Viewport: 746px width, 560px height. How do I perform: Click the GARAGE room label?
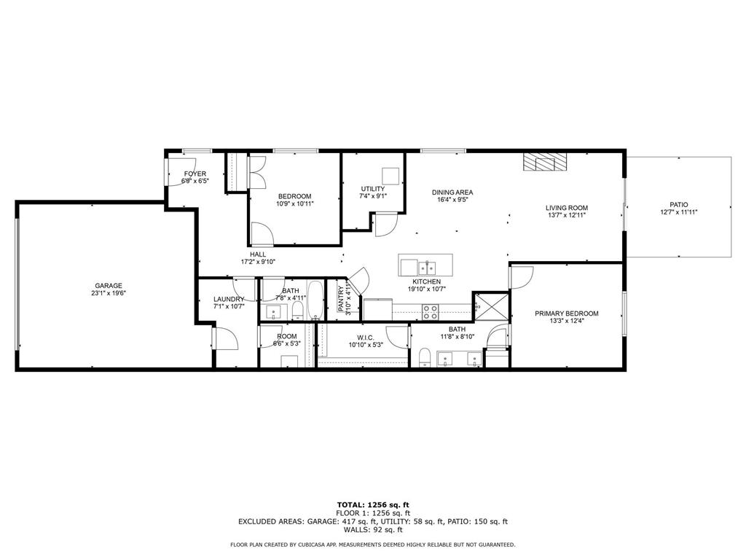[108, 286]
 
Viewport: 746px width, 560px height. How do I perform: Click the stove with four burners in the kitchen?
[431, 312]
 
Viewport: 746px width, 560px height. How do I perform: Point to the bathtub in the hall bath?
[315, 300]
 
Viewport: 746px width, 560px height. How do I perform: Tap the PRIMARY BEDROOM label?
[566, 314]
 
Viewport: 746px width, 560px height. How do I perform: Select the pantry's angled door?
[359, 278]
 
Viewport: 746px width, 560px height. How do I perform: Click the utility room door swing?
[384, 225]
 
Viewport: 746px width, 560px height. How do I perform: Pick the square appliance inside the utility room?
[392, 176]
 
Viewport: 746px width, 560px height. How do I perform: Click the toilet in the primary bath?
[423, 357]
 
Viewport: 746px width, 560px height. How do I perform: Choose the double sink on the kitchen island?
[425, 266]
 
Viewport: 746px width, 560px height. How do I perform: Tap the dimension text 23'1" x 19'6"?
[108, 294]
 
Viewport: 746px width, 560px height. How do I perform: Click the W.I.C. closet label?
[365, 337]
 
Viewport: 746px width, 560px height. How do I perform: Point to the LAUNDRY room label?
[229, 299]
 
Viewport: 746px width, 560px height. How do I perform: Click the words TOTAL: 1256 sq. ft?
[373, 505]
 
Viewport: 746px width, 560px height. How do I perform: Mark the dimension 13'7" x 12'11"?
[566, 216]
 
